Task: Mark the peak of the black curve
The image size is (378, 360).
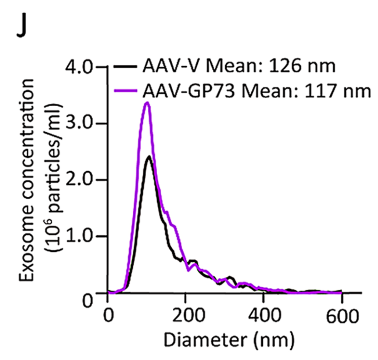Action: point(150,156)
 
